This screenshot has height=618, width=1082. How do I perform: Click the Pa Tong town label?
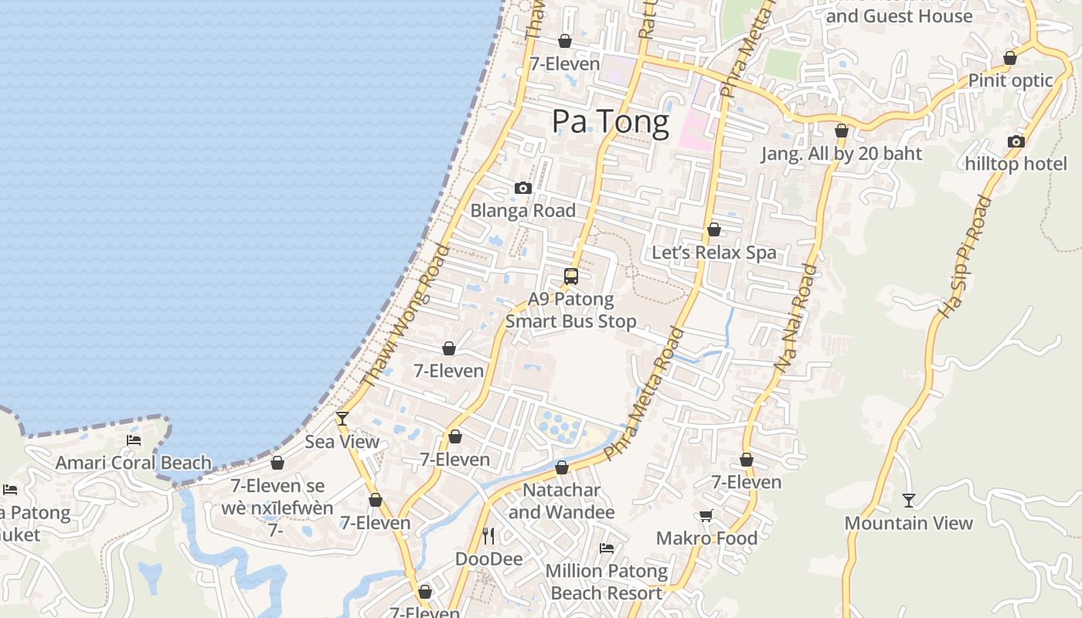pos(611,122)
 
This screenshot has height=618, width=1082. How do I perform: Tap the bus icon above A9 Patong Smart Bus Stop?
pos(571,276)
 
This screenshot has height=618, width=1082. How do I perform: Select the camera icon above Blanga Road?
pos(523,188)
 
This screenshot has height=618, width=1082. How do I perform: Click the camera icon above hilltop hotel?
pos(1016,141)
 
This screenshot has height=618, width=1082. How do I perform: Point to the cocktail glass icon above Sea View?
pos(342,419)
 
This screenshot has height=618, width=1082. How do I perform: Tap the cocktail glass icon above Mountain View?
pos(909,501)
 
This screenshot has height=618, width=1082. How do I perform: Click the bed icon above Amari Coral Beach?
pos(134,440)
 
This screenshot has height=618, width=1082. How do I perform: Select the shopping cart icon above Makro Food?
pos(706,515)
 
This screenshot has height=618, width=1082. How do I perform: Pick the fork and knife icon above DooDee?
pos(488,535)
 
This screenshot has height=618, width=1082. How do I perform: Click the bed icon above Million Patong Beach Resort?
pos(607,548)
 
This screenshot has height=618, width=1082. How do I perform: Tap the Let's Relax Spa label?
pos(714,253)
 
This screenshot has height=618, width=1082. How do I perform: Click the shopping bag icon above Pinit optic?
pos(1010,58)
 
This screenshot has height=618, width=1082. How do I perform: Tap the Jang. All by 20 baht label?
pos(842,153)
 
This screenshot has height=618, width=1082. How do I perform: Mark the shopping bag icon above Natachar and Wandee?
pos(562,467)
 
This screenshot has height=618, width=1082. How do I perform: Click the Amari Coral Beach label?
pos(133,463)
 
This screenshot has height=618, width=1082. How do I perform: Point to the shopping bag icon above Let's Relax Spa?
pos(714,229)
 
